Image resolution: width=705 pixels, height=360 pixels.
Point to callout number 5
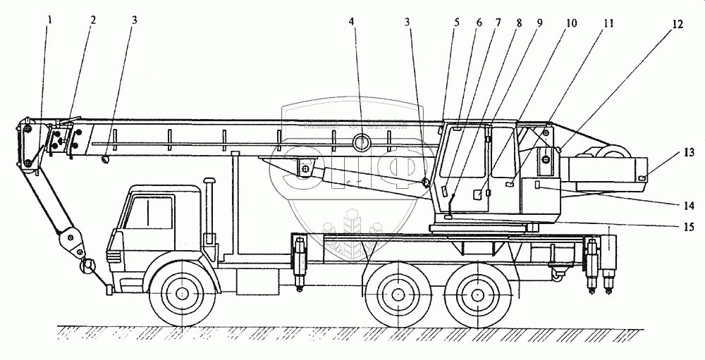pos(456,22)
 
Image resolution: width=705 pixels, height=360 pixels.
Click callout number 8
pos(518,22)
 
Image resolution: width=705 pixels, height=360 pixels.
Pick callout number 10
pos(570,23)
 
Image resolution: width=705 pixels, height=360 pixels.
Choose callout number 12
pos(677,25)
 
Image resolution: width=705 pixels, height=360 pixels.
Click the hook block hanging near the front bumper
pos(88,266)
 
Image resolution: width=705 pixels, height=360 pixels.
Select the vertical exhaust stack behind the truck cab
pos(209,208)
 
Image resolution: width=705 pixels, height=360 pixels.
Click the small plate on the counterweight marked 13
pos(642,178)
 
